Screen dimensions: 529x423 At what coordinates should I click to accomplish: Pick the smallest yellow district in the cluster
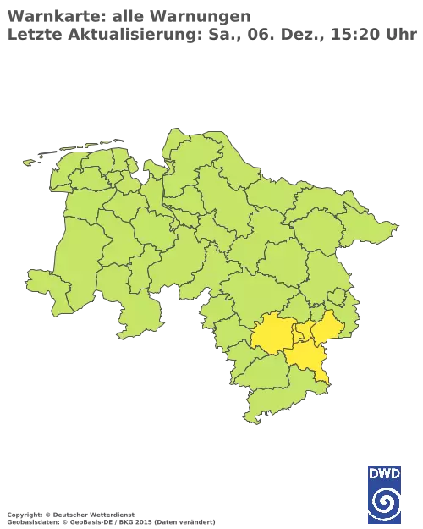300,335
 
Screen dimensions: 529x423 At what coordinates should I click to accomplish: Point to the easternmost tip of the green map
397,228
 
